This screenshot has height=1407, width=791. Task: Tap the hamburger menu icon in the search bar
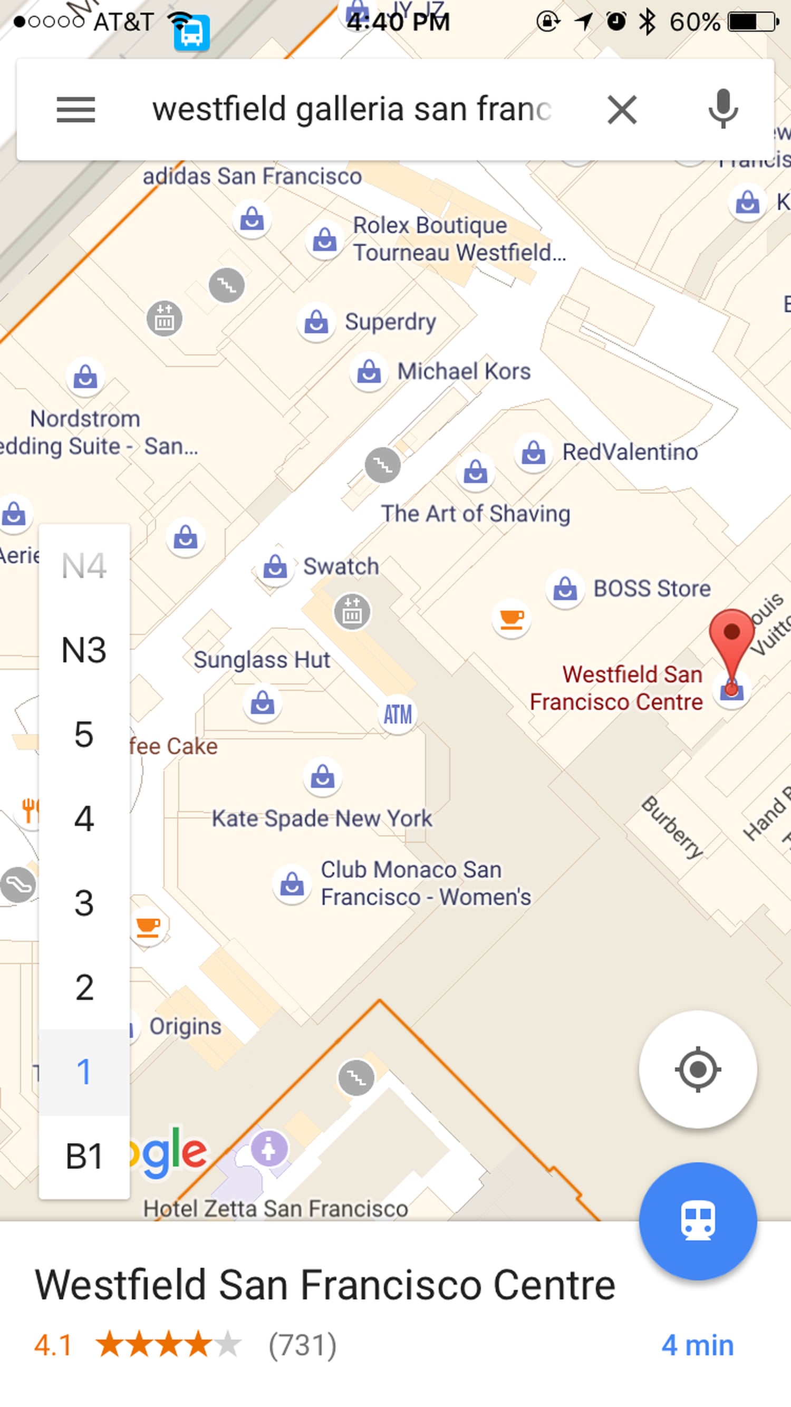(76, 109)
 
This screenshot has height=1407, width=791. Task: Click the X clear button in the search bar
(622, 110)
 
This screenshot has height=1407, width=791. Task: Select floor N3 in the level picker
(83, 650)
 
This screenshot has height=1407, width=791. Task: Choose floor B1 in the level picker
(83, 1156)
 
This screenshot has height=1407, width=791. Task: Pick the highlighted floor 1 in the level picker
(83, 1072)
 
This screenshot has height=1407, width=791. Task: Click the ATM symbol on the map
(397, 715)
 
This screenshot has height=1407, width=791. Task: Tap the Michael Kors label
(463, 371)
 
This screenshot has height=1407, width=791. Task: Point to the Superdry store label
(390, 322)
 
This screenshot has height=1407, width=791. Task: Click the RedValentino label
(630, 452)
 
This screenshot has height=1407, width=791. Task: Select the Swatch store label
(341, 566)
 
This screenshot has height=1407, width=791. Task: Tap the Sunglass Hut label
(262, 660)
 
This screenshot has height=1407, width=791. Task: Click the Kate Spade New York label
(322, 818)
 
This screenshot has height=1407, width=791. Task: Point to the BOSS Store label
(652, 589)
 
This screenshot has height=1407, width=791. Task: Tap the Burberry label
(672, 827)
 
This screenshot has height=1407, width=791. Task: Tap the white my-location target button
(698, 1069)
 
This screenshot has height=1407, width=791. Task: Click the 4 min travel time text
(698, 1345)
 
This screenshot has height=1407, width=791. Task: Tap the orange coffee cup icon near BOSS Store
(512, 618)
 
